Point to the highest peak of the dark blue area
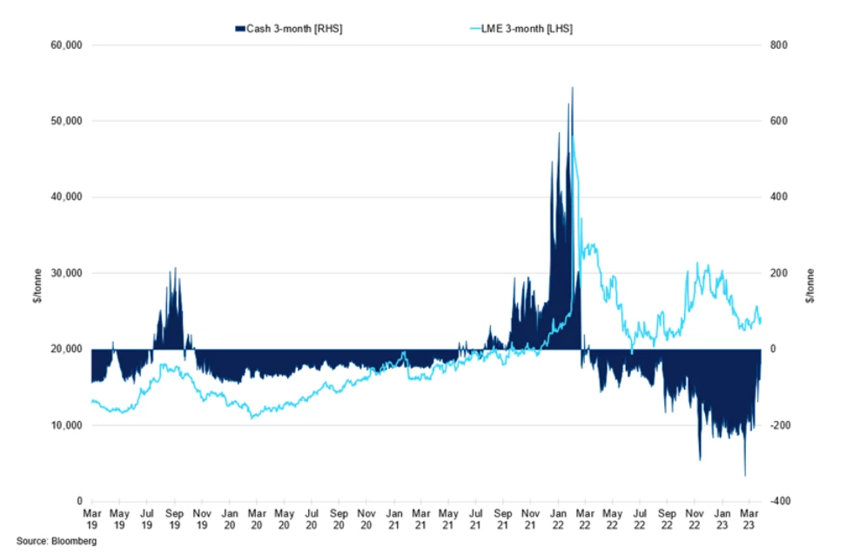572,87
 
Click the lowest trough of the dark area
744,476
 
